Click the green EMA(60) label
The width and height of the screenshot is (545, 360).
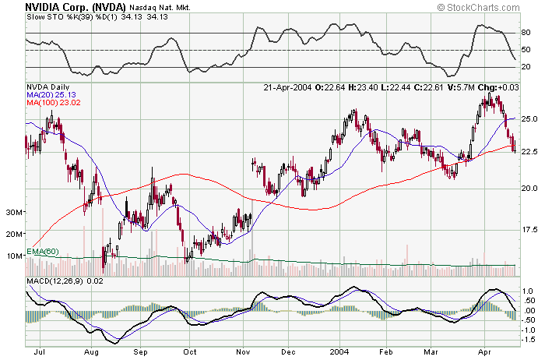[42, 250]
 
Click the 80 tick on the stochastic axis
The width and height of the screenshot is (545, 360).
[526, 34]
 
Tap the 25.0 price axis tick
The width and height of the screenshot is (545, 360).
[529, 119]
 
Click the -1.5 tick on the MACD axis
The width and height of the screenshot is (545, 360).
[528, 340]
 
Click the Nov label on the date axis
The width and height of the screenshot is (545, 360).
[242, 353]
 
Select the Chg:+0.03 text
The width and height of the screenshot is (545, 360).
[498, 86]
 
